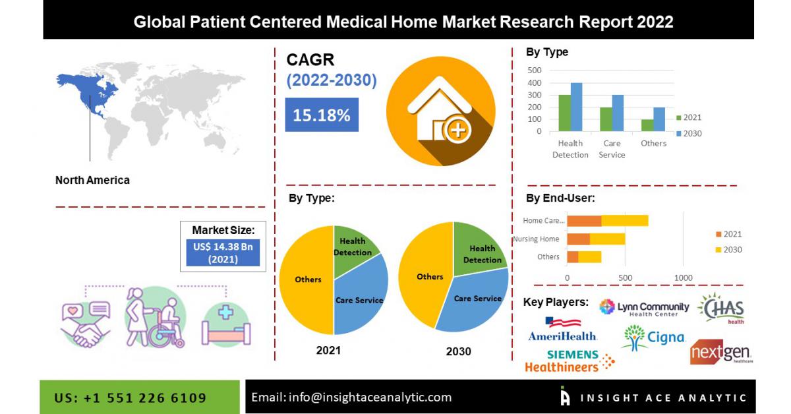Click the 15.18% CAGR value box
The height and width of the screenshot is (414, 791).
(322, 115)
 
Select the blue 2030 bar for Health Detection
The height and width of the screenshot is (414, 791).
(576, 107)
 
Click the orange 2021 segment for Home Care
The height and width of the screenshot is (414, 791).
(584, 220)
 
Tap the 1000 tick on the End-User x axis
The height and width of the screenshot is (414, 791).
(683, 278)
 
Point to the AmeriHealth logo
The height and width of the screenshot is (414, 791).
(562, 330)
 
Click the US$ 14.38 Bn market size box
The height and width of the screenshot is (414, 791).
(223, 252)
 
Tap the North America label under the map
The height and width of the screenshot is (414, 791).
(92, 180)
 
